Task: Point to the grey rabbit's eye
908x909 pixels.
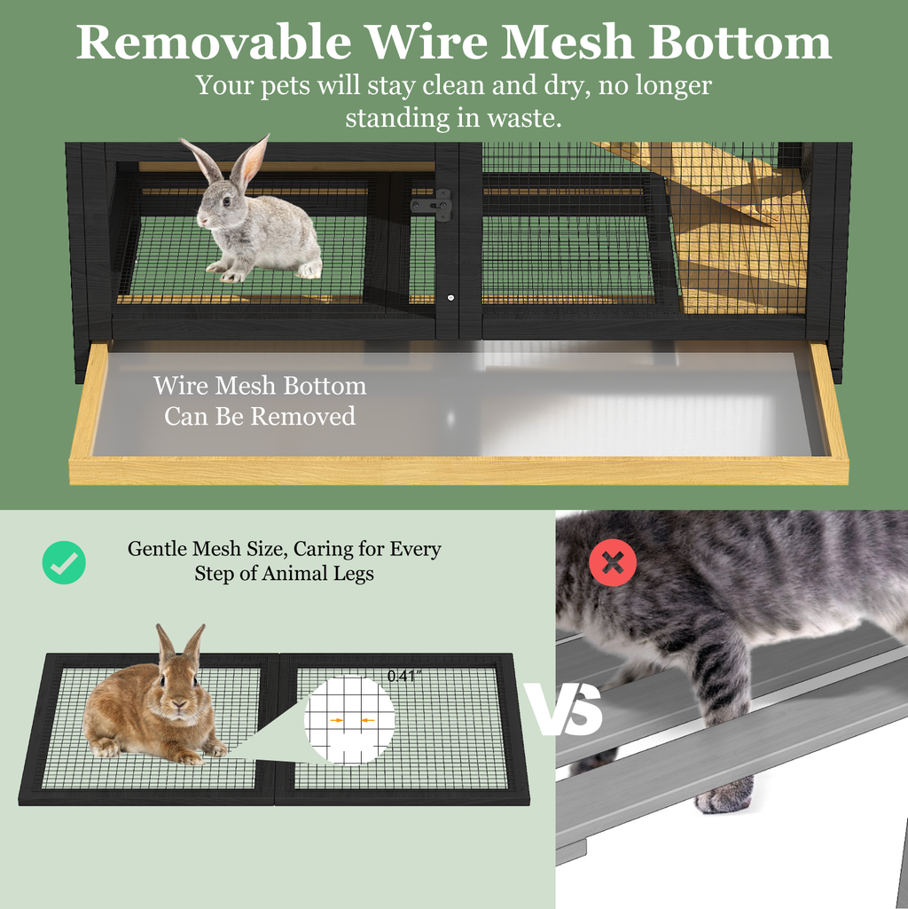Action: click(227, 201)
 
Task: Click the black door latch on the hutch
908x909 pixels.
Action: click(431, 206)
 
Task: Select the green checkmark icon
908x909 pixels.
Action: click(64, 562)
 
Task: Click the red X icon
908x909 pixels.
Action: click(613, 562)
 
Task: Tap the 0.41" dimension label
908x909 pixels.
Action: click(404, 676)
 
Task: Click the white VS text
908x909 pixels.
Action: click(565, 709)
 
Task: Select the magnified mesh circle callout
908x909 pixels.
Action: click(349, 719)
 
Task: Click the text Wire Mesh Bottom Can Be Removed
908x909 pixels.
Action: click(260, 401)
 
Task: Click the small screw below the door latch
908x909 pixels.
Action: click(450, 298)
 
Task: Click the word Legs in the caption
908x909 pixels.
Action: click(353, 574)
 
